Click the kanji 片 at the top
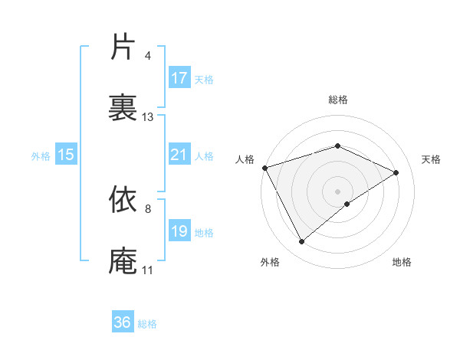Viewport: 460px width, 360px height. click(x=123, y=47)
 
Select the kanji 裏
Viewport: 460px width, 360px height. click(x=123, y=108)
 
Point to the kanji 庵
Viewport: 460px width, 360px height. click(x=123, y=260)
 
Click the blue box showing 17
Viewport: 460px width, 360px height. click(x=179, y=78)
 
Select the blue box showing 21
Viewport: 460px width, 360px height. click(x=179, y=155)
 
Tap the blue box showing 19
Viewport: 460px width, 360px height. click(x=179, y=231)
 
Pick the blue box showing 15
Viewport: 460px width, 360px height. click(x=66, y=155)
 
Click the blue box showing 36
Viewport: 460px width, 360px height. click(x=123, y=322)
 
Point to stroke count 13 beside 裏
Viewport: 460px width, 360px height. click(x=148, y=117)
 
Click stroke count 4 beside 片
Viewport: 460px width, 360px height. click(x=147, y=56)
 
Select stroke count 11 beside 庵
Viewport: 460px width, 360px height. click(x=147, y=270)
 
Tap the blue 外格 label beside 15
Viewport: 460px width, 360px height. click(x=41, y=155)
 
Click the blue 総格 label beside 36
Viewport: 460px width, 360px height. click(x=147, y=324)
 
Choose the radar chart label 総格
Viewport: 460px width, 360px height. click(x=337, y=100)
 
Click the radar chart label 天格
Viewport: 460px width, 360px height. click(x=431, y=159)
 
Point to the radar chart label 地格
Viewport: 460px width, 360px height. click(x=402, y=262)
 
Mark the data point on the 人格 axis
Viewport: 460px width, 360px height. click(x=264, y=168)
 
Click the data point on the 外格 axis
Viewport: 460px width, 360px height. click(x=301, y=242)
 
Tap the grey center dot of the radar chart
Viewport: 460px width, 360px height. click(x=337, y=191)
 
